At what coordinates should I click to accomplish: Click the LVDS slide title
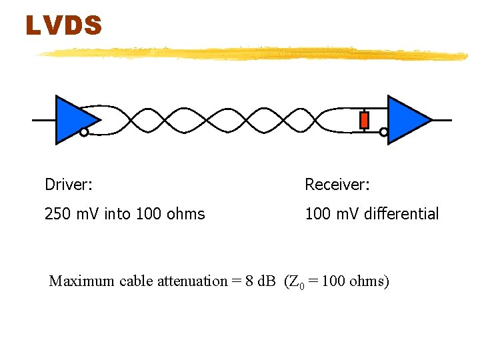pyautogui.click(x=64, y=26)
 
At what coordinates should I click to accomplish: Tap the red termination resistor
pyautogui.click(x=364, y=120)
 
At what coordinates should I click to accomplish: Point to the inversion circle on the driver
pyautogui.click(x=84, y=132)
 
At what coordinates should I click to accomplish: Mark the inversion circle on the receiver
pyautogui.click(x=383, y=132)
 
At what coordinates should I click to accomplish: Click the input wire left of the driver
pyautogui.click(x=43, y=120)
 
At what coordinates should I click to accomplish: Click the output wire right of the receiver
pyautogui.click(x=441, y=120)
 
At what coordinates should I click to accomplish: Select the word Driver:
pyautogui.click(x=67, y=183)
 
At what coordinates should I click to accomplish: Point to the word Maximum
pyautogui.click(x=82, y=281)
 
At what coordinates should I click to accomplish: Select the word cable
pyautogui.click(x=137, y=281)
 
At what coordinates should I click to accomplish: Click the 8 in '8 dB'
pyautogui.click(x=248, y=281)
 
